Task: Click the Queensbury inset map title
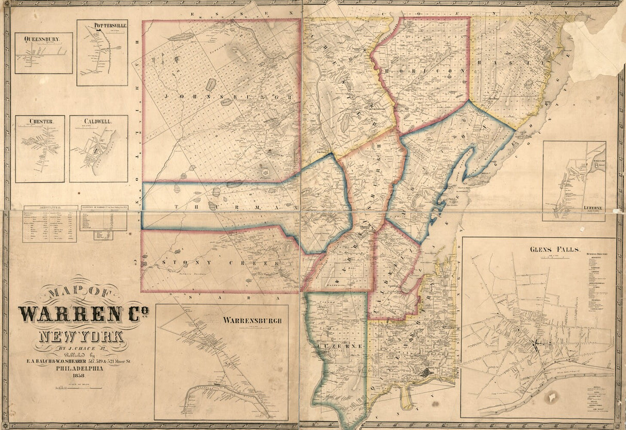click(x=37, y=39)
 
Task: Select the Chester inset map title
click(x=42, y=121)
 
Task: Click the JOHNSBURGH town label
click(x=222, y=97)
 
